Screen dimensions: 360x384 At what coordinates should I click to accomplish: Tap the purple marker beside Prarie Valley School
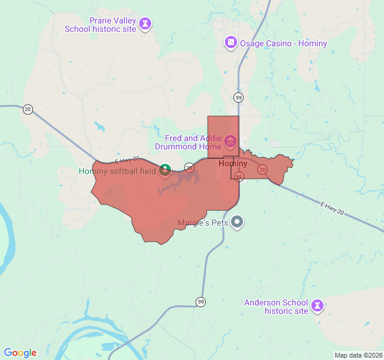(x=145, y=24)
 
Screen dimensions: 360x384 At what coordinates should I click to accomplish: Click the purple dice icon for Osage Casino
(x=230, y=43)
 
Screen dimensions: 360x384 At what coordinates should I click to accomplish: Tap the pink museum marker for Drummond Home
(x=230, y=142)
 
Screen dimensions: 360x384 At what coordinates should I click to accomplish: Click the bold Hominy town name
(x=233, y=163)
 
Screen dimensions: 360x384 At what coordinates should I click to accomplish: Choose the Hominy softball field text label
(x=117, y=172)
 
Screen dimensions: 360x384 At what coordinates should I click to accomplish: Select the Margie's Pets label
(x=203, y=223)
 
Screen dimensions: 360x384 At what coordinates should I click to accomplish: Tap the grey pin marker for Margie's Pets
(x=238, y=222)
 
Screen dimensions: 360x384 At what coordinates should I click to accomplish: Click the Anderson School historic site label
(x=276, y=307)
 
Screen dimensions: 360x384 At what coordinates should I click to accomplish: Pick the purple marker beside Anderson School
(x=317, y=306)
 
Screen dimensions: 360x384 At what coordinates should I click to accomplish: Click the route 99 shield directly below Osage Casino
(x=239, y=97)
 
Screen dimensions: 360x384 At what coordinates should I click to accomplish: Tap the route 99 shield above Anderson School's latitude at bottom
(x=200, y=301)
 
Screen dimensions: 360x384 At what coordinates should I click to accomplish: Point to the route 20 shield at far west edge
(x=28, y=109)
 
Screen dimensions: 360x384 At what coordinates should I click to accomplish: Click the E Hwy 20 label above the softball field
(x=127, y=160)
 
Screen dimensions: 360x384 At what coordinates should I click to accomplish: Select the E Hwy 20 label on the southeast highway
(x=332, y=208)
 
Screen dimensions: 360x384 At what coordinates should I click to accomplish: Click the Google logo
(x=20, y=353)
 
